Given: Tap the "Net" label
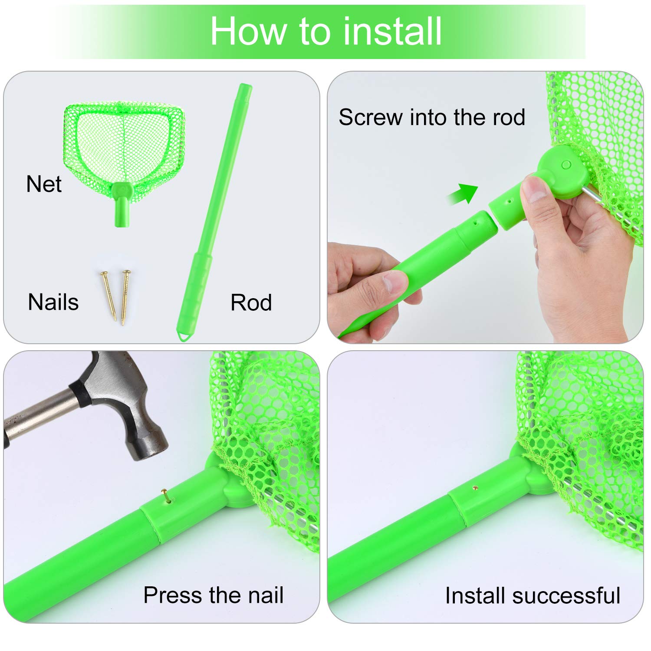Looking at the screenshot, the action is tap(44, 184).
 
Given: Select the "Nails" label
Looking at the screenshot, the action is tap(53, 302).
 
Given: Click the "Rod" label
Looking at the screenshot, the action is tap(251, 302).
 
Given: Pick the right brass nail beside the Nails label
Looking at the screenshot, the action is tap(125, 298).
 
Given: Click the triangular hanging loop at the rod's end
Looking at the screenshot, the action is tap(184, 336).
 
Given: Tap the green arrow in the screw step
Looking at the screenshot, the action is tap(463, 194).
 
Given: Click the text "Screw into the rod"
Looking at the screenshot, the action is tap(432, 117).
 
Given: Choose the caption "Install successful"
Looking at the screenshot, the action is tap(533, 595).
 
